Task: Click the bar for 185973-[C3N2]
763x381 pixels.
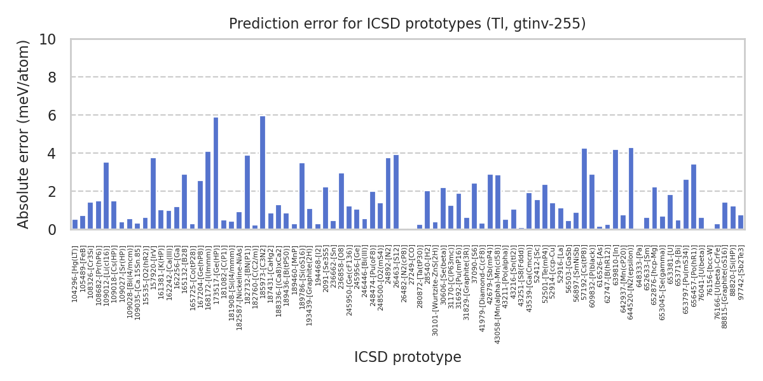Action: pyautogui.click(x=263, y=173)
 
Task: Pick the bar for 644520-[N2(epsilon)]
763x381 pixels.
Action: pyautogui.click(x=631, y=189)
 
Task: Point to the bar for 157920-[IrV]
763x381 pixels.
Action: pyautogui.click(x=153, y=194)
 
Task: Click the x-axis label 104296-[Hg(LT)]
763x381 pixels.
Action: pyautogui.click(x=75, y=274)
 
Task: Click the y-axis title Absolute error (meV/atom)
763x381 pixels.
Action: pyautogui.click(x=24, y=134)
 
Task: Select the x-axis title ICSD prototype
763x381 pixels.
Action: pyautogui.click(x=408, y=358)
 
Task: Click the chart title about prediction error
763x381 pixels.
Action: pyautogui.click(x=408, y=24)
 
